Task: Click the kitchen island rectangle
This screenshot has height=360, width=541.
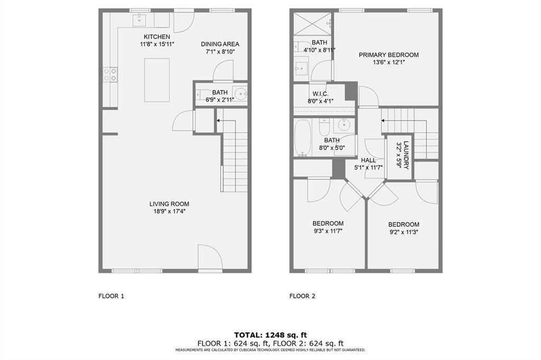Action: (x=157, y=80)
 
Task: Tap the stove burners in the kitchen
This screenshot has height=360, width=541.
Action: (x=110, y=74)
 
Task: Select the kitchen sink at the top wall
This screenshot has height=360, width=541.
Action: (x=139, y=20)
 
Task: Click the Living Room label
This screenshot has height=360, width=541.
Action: (x=169, y=204)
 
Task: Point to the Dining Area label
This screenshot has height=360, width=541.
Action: (x=220, y=44)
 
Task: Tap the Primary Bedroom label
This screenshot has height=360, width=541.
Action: (x=388, y=55)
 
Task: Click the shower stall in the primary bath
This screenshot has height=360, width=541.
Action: (x=312, y=24)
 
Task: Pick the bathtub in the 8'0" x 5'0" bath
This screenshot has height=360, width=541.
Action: (x=303, y=138)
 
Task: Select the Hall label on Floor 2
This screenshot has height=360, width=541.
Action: (x=368, y=160)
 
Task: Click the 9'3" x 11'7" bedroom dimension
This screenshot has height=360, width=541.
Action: (x=328, y=231)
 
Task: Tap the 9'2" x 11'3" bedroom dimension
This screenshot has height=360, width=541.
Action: (x=404, y=232)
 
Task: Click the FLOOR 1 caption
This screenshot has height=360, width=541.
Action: (x=111, y=296)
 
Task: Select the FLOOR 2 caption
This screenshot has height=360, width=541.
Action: (x=302, y=296)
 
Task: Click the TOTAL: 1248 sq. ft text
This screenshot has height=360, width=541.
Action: (x=270, y=335)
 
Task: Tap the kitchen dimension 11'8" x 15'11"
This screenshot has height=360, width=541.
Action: (x=157, y=44)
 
